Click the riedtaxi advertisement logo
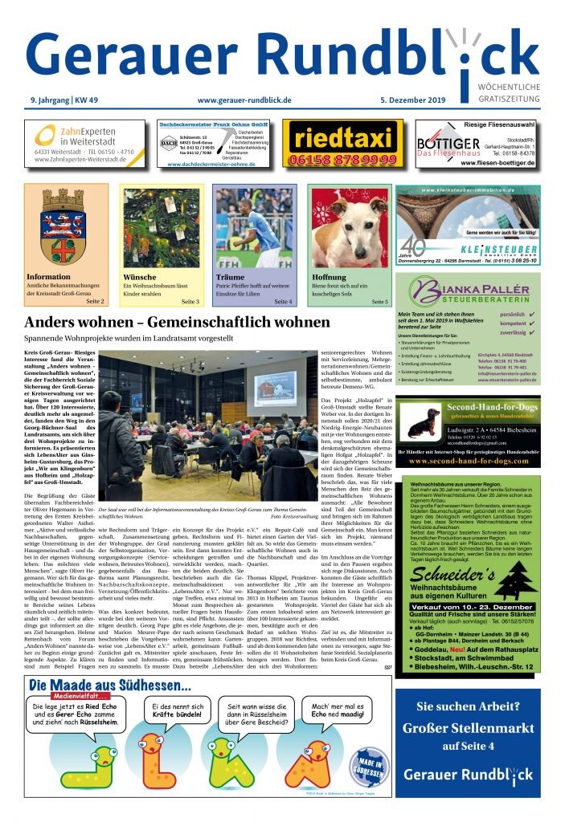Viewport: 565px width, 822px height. coord(343,137)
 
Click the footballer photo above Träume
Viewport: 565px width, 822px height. coord(254,228)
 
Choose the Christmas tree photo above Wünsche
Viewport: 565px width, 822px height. coord(161,228)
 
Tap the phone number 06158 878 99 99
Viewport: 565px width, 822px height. coord(343,160)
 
